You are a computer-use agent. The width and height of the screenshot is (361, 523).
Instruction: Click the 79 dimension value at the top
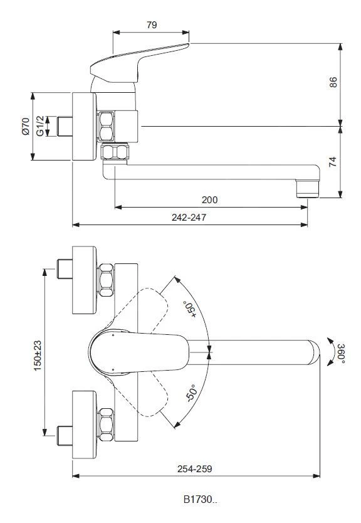(x=152, y=25)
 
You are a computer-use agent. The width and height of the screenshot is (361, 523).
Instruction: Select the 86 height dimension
(x=333, y=82)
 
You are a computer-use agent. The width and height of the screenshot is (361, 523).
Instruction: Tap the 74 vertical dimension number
(x=333, y=162)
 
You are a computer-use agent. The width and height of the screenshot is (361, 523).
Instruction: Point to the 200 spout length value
(x=210, y=200)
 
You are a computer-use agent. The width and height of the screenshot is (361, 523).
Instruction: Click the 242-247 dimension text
(x=189, y=218)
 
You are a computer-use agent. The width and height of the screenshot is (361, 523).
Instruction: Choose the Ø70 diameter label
(x=25, y=126)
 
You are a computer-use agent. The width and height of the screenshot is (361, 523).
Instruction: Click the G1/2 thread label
(x=39, y=126)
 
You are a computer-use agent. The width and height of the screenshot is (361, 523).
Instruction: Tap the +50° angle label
(x=189, y=309)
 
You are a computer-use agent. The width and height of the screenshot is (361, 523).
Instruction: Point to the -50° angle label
(x=191, y=393)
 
